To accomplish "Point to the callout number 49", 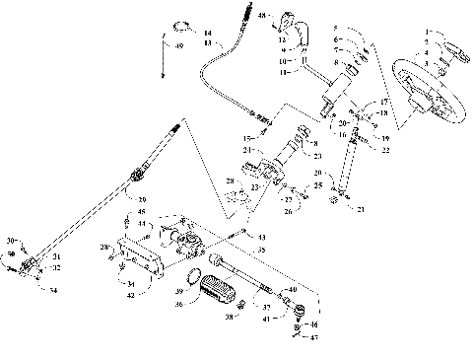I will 177,46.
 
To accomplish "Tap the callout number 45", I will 140,212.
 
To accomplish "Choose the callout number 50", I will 11,254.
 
